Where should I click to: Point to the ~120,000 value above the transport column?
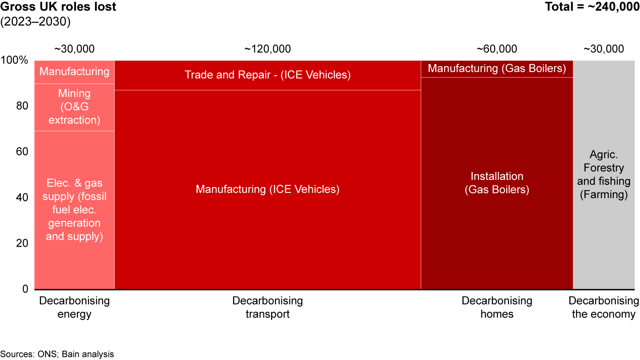[x=268, y=49]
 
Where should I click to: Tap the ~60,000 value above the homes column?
[x=496, y=49]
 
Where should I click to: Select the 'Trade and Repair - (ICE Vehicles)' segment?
[x=268, y=75]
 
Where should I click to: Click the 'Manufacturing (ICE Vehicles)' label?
[x=268, y=189]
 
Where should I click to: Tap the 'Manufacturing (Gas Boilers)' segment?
[x=496, y=68]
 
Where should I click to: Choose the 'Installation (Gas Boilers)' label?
[x=496, y=183]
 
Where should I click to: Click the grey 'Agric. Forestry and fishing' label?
[x=604, y=175]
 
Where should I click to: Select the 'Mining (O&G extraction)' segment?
[x=74, y=107]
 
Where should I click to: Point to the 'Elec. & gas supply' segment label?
[x=74, y=210]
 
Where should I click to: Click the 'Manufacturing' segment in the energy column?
[x=74, y=72]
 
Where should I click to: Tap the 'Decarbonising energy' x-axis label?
[x=74, y=308]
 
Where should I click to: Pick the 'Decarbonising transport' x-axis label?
[x=268, y=308]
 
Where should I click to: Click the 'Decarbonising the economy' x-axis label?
[x=604, y=308]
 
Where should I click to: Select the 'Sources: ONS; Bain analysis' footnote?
[x=57, y=354]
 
